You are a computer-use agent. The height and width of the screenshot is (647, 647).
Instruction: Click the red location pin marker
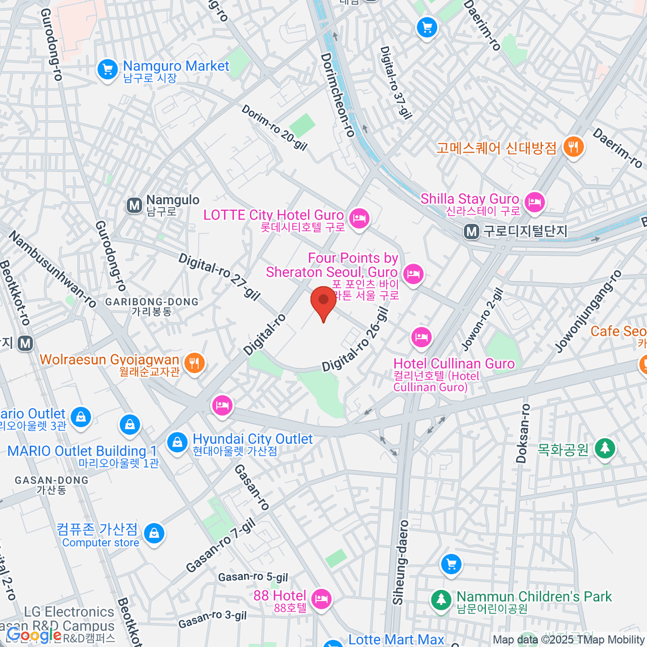click(x=323, y=302)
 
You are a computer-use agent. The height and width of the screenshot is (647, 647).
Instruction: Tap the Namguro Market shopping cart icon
click(x=107, y=70)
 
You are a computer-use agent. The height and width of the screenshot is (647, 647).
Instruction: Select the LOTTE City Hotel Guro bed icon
click(x=359, y=218)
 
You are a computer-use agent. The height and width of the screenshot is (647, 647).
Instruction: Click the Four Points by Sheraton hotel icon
click(x=414, y=274)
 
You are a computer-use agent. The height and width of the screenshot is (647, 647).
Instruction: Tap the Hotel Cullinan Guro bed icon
click(x=421, y=338)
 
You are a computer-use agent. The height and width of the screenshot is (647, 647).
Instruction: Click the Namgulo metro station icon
click(x=134, y=205)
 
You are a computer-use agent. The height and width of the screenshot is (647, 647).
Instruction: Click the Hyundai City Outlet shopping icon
click(x=176, y=443)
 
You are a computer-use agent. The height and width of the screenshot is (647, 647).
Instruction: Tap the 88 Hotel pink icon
click(x=321, y=598)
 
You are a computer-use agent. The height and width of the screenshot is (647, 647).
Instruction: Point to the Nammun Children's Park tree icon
click(x=441, y=599)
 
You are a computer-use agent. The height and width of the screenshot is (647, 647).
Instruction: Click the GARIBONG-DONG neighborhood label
click(x=152, y=302)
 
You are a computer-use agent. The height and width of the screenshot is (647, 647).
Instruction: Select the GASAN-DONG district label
click(x=51, y=480)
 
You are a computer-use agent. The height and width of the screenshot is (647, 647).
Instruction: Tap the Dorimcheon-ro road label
click(x=338, y=95)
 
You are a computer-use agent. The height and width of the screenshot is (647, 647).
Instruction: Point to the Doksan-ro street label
click(x=522, y=433)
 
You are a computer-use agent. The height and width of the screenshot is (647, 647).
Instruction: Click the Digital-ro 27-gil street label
click(x=219, y=277)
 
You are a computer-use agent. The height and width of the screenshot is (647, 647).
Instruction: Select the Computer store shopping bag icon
click(x=154, y=533)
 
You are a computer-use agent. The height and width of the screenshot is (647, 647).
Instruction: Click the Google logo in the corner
click(x=34, y=636)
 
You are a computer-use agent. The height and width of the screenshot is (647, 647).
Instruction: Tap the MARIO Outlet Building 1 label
click(x=82, y=451)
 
